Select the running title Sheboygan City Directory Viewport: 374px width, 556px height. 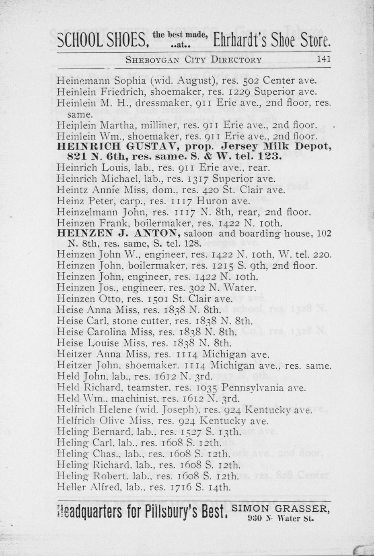[193, 60]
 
